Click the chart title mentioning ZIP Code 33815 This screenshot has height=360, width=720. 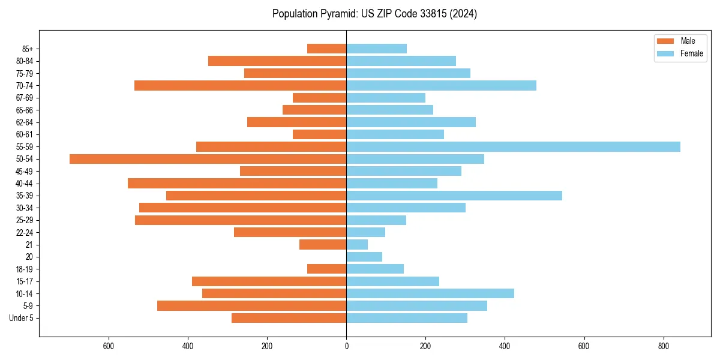374,14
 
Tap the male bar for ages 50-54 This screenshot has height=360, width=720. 208,159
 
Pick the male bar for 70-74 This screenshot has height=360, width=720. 240,85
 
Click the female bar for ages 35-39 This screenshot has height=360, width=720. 454,196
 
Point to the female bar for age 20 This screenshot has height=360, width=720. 364,257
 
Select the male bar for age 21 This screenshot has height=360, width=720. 323,245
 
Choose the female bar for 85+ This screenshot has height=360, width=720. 376,49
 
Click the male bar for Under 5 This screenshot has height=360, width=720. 289,318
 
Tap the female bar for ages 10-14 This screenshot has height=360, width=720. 430,293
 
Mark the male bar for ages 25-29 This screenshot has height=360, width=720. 241,220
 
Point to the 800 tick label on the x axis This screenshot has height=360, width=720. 663,346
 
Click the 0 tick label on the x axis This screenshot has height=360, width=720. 346,346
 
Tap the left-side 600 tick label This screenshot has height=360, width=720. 109,346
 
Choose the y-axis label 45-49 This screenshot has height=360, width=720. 25,171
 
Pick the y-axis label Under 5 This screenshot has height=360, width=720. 22,318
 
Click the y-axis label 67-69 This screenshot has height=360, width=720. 25,98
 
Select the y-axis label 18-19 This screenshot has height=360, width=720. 25,269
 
